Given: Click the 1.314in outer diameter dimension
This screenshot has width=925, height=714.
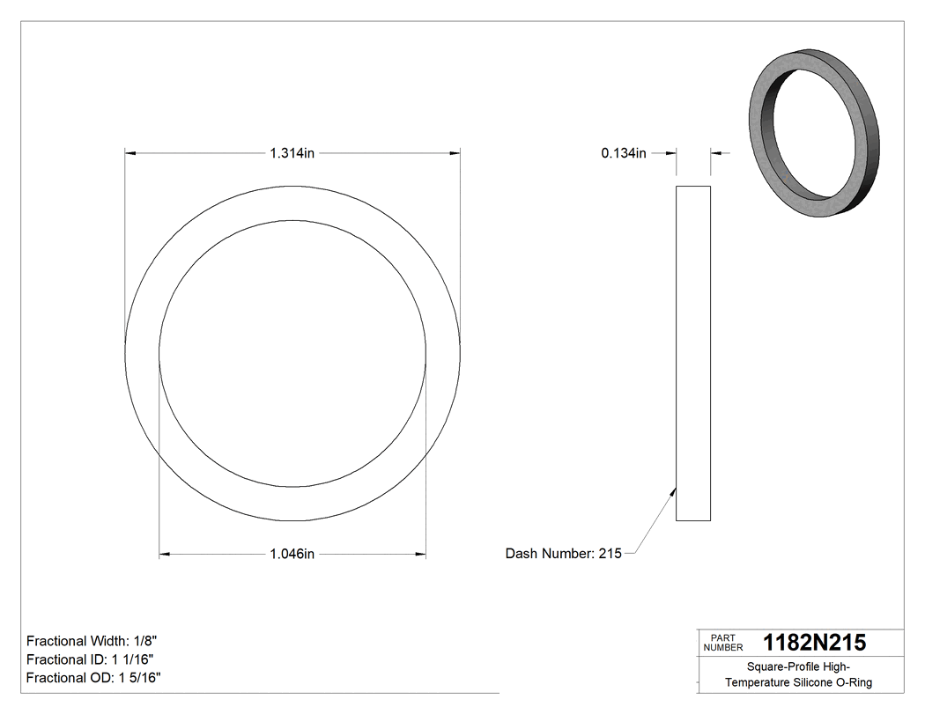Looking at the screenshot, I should click(x=292, y=153).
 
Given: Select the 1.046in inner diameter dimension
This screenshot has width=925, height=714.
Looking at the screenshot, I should click(x=292, y=554).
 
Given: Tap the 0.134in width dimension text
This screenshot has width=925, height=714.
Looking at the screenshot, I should click(x=624, y=153).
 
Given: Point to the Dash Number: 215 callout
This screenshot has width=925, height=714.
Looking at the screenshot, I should click(x=563, y=554).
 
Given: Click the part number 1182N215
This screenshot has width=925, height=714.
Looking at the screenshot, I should click(x=814, y=643).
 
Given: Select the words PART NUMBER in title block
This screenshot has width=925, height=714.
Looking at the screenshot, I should click(x=722, y=643).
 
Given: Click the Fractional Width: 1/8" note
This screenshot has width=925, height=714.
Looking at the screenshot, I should click(x=92, y=641).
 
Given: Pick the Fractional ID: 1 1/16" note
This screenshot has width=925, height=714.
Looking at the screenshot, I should click(x=92, y=659).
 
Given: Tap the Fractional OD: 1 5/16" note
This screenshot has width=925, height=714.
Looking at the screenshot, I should click(x=93, y=678).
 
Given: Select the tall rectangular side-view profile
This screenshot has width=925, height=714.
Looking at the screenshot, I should click(x=693, y=352).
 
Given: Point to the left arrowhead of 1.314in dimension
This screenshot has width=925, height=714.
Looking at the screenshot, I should click(x=130, y=153).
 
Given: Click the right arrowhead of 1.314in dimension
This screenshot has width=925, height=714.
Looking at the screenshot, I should click(x=455, y=153).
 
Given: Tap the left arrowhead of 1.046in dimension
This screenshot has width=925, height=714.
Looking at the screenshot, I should click(x=165, y=554).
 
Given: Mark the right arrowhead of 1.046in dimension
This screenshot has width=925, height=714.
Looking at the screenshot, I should click(x=420, y=554).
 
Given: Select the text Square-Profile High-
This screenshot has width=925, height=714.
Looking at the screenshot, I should click(x=798, y=666).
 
